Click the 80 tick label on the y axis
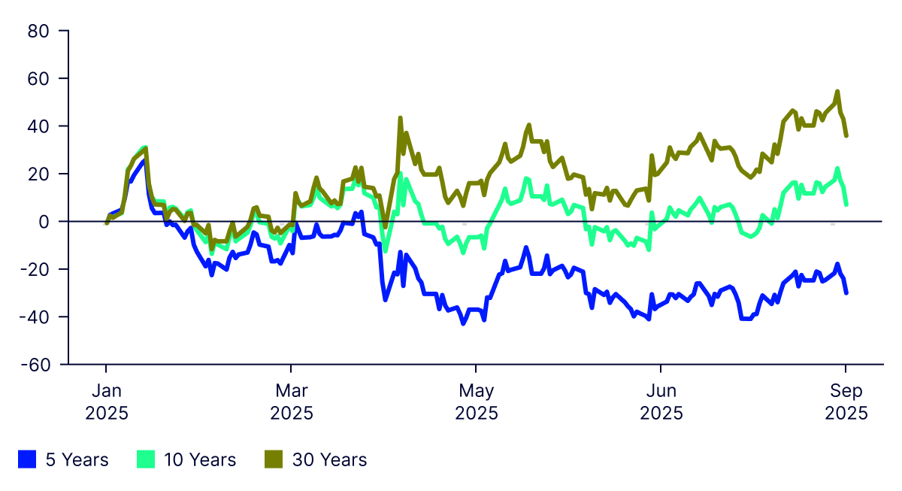coord(38,31)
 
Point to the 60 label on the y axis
coord(38,78)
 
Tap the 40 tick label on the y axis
coord(38,126)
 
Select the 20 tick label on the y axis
coord(38,174)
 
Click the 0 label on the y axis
coord(44,222)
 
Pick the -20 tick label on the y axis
coord(35,269)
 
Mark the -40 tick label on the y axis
coord(35,317)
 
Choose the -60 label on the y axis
coord(35,365)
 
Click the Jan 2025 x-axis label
coord(106,402)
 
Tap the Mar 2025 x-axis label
coord(291,402)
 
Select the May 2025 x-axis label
coord(476,402)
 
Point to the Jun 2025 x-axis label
coord(661,402)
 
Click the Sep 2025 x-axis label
coord(846,402)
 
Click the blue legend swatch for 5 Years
coord(28,459)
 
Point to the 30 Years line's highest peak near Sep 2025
coord(837,92)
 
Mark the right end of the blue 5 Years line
coord(846,292)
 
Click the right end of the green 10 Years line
coord(846,204)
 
